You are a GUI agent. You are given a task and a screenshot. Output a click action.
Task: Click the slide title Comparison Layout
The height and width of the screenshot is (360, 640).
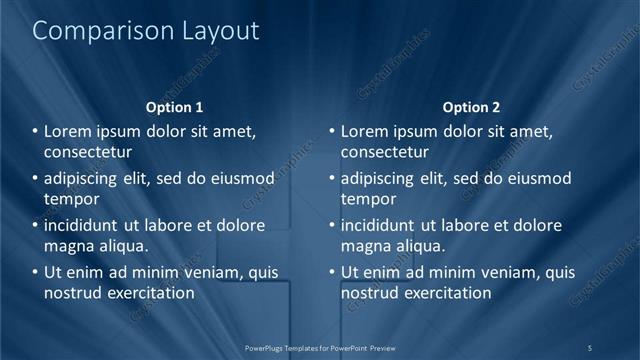click(146, 31)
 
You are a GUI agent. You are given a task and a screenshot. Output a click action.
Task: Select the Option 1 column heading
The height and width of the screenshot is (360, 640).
click(174, 107)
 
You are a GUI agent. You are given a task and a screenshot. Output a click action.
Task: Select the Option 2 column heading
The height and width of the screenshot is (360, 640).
click(471, 107)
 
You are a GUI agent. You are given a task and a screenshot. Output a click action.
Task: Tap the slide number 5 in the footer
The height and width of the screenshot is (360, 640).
click(590, 347)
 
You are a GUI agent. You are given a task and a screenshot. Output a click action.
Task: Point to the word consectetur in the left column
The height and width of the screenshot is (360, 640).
click(88, 152)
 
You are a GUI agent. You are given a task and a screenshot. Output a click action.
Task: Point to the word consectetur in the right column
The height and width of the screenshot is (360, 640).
click(385, 152)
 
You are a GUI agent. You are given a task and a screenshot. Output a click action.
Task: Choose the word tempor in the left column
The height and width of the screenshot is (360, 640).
click(67, 199)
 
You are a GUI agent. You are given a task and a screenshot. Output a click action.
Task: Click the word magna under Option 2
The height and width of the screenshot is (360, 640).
click(364, 246)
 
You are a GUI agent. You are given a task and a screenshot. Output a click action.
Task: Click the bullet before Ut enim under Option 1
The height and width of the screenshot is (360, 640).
click(36, 272)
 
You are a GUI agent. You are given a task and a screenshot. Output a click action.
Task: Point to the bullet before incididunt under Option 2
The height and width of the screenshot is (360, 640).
click(333, 225)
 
